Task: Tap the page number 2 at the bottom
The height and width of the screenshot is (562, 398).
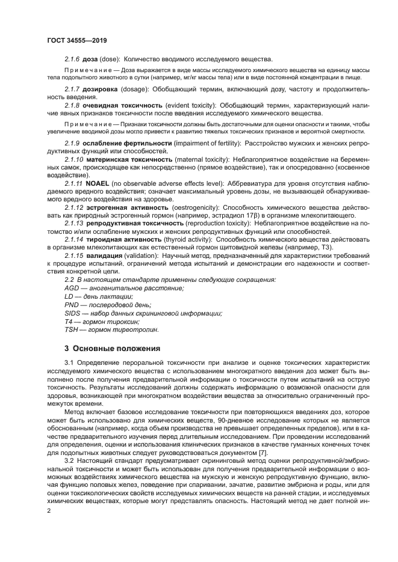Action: (49, 511)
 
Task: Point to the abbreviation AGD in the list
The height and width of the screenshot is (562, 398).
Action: (72, 288)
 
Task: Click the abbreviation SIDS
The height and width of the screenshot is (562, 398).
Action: (72, 313)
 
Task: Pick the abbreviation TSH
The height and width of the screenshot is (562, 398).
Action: (72, 330)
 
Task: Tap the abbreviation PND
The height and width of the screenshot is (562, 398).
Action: (72, 305)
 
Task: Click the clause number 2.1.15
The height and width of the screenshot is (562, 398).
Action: (75, 255)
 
